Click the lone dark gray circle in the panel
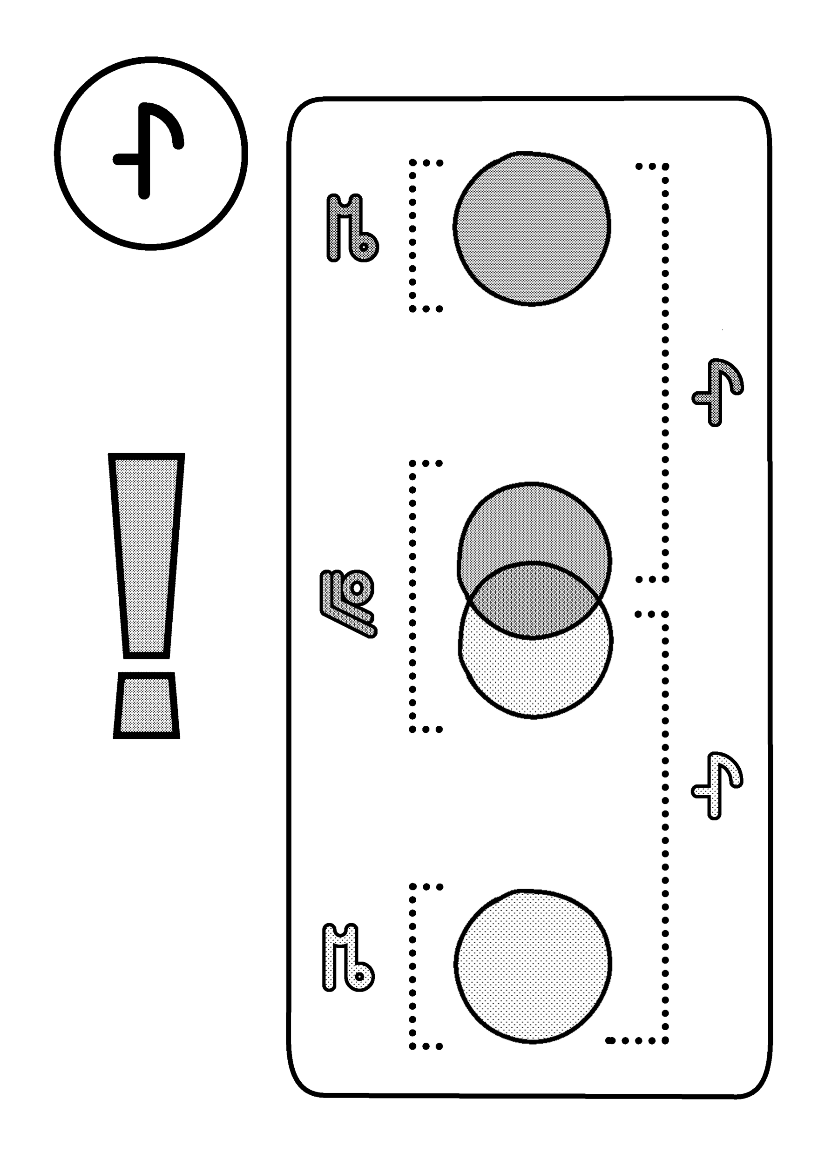tap(532, 228)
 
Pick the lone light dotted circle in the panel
tap(533, 965)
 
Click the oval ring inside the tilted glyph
tap(358, 588)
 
